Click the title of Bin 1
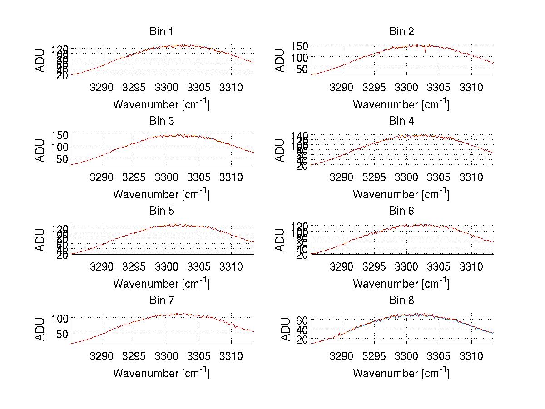click(161, 32)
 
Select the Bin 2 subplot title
click(401, 32)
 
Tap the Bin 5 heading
click(161, 211)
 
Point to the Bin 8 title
click(401, 301)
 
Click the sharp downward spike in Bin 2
click(425, 50)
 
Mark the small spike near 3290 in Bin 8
click(339, 334)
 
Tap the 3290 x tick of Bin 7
click(102, 356)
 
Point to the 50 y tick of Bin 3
click(62, 158)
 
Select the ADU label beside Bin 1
click(41, 60)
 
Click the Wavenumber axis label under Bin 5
click(161, 284)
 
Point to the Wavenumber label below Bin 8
click(401, 373)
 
